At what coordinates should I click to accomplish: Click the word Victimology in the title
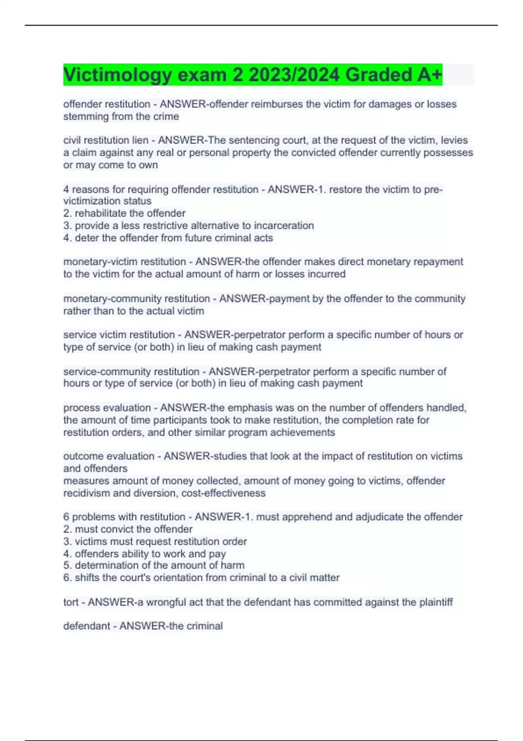[118, 75]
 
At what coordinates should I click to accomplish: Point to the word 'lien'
[140, 140]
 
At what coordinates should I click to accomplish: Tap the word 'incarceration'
[284, 225]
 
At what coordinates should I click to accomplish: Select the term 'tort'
[71, 602]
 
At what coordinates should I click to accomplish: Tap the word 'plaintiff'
[436, 602]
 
